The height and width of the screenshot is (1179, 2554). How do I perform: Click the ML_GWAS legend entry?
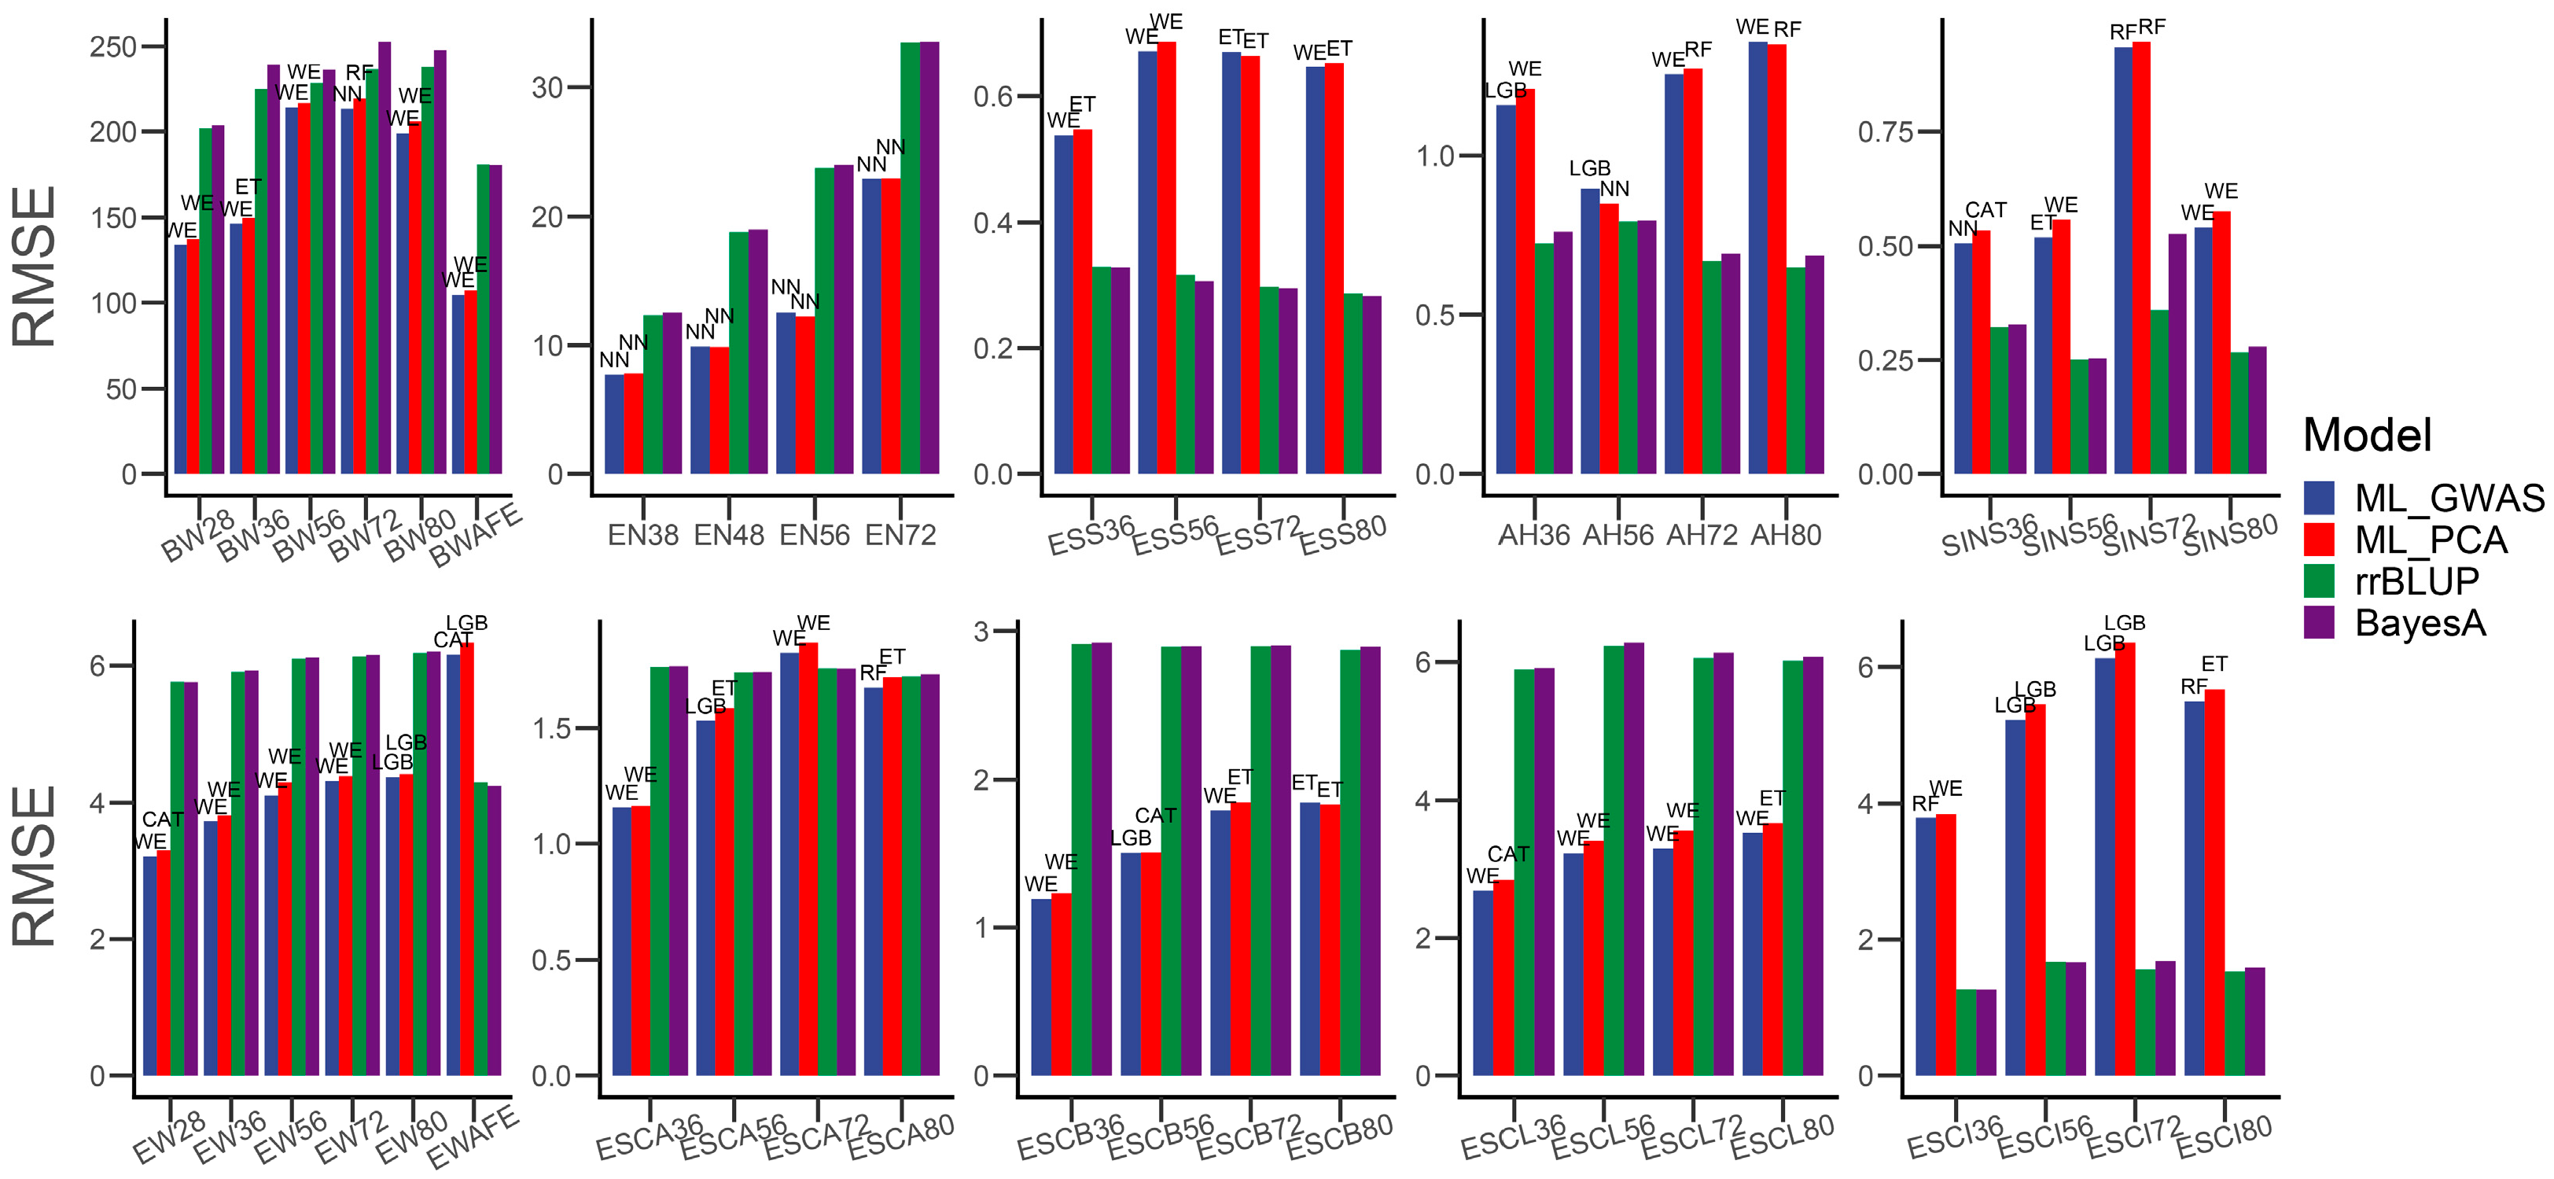tap(2449, 498)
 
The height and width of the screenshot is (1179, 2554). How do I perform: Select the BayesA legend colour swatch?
tap(2319, 623)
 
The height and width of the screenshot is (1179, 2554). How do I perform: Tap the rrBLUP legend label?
tap(2416, 581)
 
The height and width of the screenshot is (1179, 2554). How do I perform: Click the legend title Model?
tap(2367, 435)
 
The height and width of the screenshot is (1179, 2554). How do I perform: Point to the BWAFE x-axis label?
tap(476, 536)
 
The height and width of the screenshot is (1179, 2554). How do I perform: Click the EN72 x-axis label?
tap(900, 536)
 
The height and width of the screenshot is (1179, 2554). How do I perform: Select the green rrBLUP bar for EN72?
tap(910, 258)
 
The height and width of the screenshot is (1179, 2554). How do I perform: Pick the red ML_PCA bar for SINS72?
tap(2141, 258)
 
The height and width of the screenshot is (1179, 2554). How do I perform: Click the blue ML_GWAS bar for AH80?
tap(1758, 258)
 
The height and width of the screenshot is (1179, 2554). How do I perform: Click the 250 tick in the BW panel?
tap(113, 46)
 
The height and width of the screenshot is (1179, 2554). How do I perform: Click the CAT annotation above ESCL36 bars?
tap(1508, 853)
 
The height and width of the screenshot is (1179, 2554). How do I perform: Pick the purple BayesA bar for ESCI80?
tap(2254, 1022)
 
